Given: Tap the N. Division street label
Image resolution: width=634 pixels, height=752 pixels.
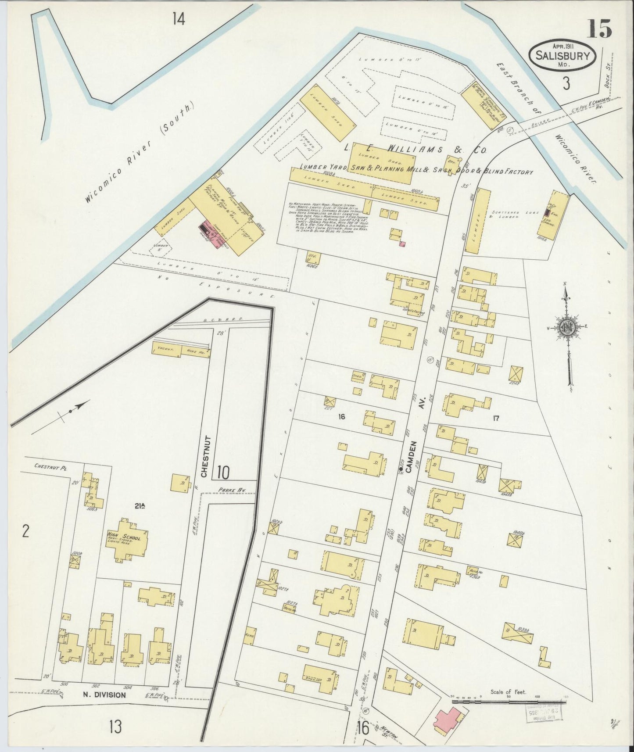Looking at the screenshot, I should pyautogui.click(x=105, y=695).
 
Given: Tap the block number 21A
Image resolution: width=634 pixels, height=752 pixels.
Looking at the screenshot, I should pyautogui.click(x=140, y=506).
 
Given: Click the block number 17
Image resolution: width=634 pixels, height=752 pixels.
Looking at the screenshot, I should pyautogui.click(x=496, y=418).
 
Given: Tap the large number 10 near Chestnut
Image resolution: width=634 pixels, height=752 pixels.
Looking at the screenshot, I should pyautogui.click(x=223, y=472).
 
